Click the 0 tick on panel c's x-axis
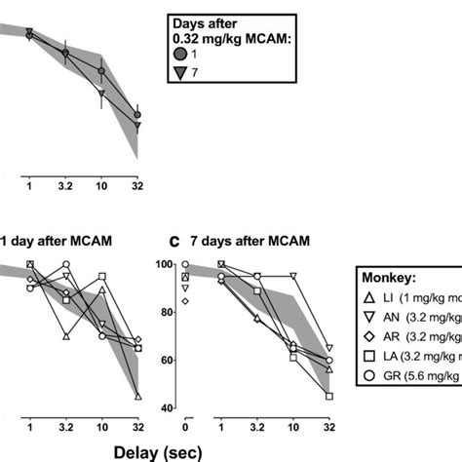(x=185, y=426)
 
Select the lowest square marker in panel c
(x=329, y=396)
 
